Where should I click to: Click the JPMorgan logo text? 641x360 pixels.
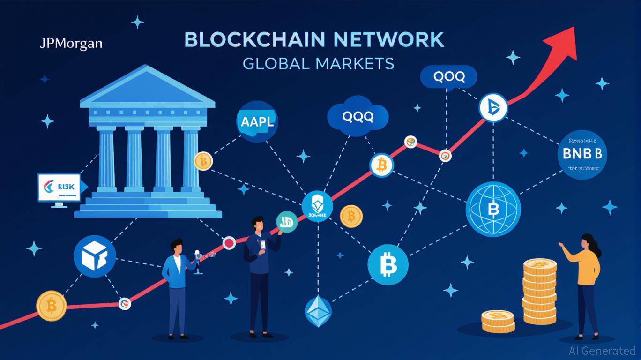71,44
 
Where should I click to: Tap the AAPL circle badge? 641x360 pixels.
256,122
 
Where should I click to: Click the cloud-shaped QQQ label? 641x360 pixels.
358,117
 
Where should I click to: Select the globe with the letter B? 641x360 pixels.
493,209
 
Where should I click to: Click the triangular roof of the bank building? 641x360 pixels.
147,86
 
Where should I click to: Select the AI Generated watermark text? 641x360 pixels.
602,350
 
